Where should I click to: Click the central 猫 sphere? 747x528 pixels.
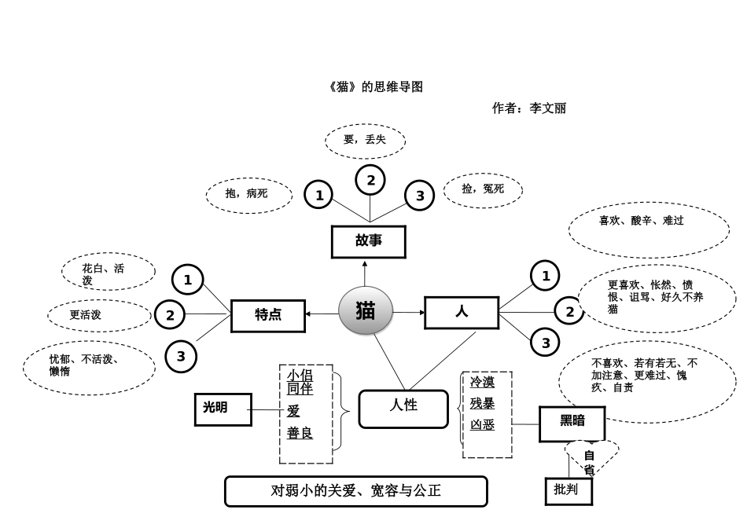pyautogui.click(x=366, y=311)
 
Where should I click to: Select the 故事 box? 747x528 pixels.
pyautogui.click(x=369, y=242)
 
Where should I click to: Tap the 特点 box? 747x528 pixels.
pyautogui.click(x=267, y=315)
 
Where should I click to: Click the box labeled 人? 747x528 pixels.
pyautogui.click(x=462, y=312)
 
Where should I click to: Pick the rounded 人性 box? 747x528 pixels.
pyautogui.click(x=403, y=409)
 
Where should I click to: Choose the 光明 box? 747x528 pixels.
pyautogui.click(x=223, y=409)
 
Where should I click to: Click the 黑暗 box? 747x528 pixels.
pyautogui.click(x=572, y=423)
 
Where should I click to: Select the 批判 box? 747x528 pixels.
pyautogui.click(x=568, y=491)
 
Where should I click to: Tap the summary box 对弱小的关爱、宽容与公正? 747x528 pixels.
pyautogui.click(x=355, y=491)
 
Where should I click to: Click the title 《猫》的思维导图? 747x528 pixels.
pyautogui.click(x=375, y=87)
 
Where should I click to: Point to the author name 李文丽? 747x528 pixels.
pyautogui.click(x=548, y=108)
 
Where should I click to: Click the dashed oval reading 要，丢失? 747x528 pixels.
pyautogui.click(x=365, y=141)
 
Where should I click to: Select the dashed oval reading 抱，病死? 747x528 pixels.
pyautogui.click(x=248, y=194)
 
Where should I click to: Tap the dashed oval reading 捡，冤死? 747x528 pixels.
pyautogui.click(x=483, y=189)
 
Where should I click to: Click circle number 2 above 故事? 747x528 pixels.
pyautogui.click(x=370, y=180)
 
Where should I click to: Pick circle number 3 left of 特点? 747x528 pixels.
pyautogui.click(x=181, y=357)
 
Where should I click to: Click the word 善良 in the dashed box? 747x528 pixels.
pyautogui.click(x=300, y=433)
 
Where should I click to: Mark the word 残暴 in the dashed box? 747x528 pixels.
pyautogui.click(x=483, y=404)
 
